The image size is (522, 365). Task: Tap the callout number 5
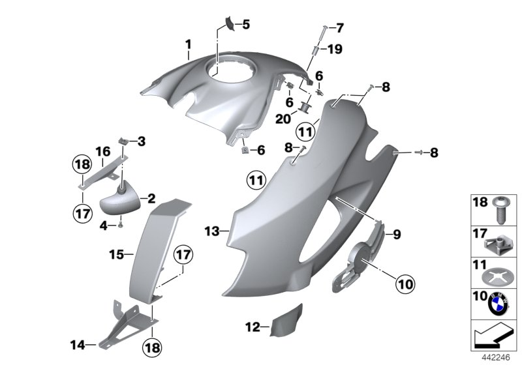click(245, 25)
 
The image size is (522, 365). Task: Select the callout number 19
click(334, 48)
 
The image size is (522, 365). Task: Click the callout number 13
click(210, 231)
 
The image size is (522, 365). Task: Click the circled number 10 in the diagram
click(406, 283)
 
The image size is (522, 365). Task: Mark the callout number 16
click(102, 152)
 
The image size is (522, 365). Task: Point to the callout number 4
click(103, 226)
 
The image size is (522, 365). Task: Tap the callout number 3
click(141, 140)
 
